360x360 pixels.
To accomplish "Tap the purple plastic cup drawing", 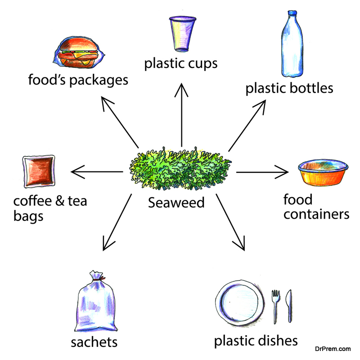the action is tap(183, 34).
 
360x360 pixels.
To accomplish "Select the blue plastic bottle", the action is tap(292, 44).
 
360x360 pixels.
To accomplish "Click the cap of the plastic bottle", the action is tap(292, 13).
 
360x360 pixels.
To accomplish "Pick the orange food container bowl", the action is tap(323, 172).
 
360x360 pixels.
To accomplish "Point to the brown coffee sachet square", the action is tap(39, 171).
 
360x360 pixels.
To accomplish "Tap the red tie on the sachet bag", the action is tap(99, 279).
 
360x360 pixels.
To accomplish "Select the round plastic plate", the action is tap(240, 303).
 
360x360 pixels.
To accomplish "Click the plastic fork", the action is tap(275, 306).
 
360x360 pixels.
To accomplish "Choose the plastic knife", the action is tap(289, 306).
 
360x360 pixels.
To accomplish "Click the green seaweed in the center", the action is tap(180, 169).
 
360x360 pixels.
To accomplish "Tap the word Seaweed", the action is tap(176, 203).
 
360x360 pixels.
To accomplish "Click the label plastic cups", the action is tap(181, 63).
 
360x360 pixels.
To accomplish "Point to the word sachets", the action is tap(94, 342).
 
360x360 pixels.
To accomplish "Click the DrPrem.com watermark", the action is tap(333, 349).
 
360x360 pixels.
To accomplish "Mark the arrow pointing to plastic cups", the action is tap(181, 115).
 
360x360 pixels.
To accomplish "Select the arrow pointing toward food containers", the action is tap(262, 172).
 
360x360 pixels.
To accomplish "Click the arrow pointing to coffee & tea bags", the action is tap(97, 171).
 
